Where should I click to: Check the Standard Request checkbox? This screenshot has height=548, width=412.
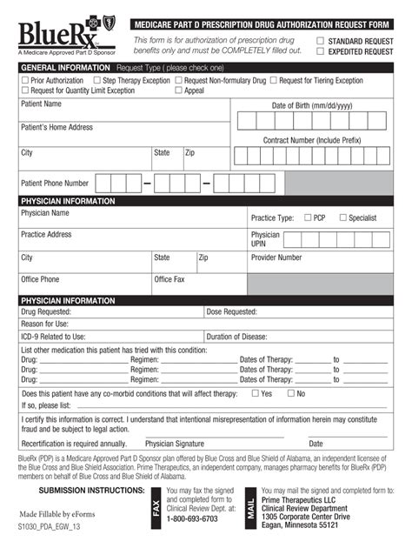[321, 41]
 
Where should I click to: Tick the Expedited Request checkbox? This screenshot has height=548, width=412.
[321, 51]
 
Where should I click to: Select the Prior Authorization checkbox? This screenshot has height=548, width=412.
[24, 81]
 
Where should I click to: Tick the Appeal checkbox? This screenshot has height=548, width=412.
[178, 90]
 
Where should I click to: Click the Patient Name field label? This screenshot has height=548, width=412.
[41, 104]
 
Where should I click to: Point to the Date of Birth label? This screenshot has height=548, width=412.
[312, 105]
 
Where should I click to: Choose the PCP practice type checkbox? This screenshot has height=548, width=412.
[308, 217]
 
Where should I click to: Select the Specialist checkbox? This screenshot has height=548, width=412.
[343, 217]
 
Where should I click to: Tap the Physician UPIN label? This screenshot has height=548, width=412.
[265, 239]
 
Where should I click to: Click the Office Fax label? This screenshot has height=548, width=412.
[169, 279]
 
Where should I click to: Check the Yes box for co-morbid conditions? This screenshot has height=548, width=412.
[256, 393]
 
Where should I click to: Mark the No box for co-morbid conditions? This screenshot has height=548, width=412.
[291, 393]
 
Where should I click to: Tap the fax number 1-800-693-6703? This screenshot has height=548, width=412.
[192, 518]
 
